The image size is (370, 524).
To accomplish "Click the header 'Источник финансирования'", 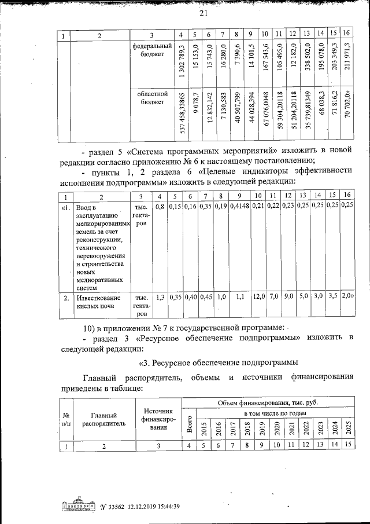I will pyautogui.click(x=159, y=419).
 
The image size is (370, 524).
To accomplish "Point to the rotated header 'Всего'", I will pyautogui.click(x=189, y=423).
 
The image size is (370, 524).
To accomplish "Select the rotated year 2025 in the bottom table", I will pyautogui.click(x=348, y=430).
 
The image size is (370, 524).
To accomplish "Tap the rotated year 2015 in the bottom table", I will pyautogui.click(x=203, y=430).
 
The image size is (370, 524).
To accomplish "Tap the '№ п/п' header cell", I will pyautogui.click(x=67, y=419).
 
